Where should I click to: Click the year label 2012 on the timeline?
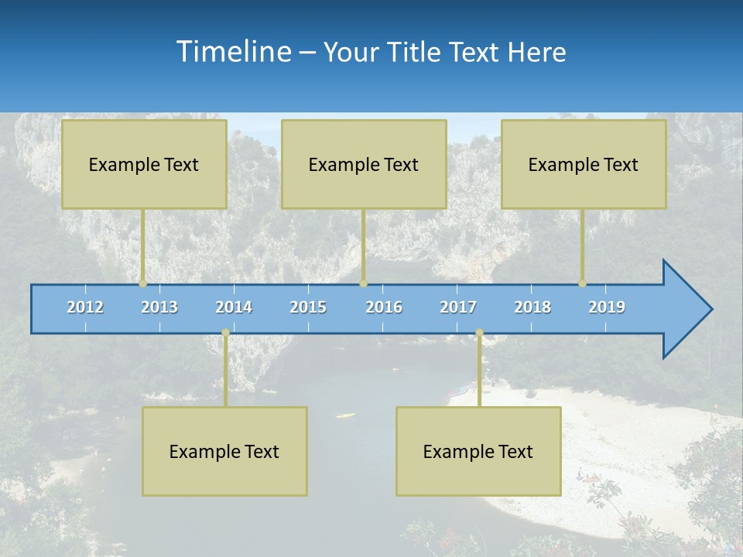[85, 307]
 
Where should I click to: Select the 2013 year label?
[159, 307]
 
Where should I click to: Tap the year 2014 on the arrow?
[234, 307]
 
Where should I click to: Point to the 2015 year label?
[308, 307]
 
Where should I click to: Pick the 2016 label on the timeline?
[384, 307]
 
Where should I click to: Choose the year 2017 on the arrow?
[458, 307]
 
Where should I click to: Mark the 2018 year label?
[532, 307]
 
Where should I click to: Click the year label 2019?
[607, 307]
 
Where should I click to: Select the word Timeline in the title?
[232, 52]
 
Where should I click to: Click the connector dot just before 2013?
[143, 284]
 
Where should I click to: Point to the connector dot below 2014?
[225, 333]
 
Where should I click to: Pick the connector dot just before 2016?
[363, 284]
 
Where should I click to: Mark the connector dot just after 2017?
[479, 333]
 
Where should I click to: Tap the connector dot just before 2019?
[583, 284]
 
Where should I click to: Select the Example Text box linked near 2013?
[144, 164]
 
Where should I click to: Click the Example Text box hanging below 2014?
[224, 451]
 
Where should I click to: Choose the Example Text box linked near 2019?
[584, 164]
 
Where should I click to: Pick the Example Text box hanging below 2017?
[478, 451]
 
